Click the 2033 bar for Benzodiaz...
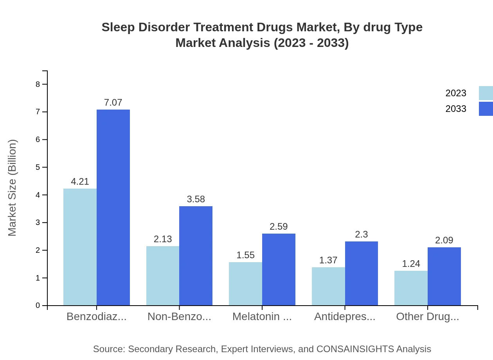pos(113,207)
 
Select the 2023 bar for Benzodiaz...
pos(80,247)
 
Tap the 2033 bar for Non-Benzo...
pos(196,256)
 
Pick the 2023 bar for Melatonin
pos(245,284)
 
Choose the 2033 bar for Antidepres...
pos(362,274)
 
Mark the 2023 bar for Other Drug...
pos(411,288)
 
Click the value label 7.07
pos(113,103)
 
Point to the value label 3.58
pos(196,199)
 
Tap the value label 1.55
pos(245,255)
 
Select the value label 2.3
pos(362,234)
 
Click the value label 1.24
pos(411,264)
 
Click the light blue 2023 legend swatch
pos(486,93)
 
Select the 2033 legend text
pos(456,109)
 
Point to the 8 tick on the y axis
pos(38,84)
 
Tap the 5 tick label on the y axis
pos(38,167)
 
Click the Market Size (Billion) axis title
pos(12,188)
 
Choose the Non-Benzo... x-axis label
pos(179,317)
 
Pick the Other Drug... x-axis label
pos(427,317)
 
